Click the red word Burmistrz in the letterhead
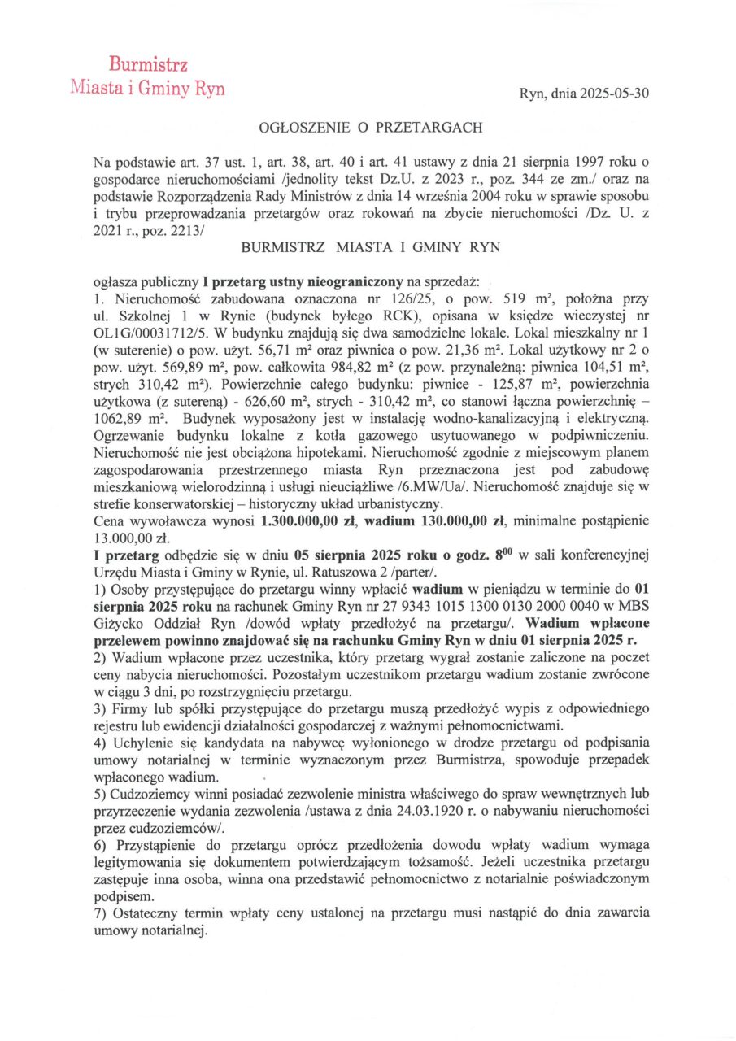coord(149,65)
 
